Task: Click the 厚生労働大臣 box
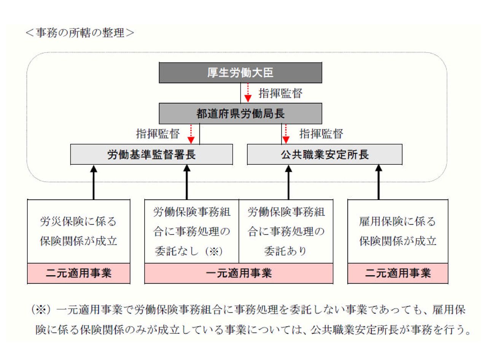(240, 73)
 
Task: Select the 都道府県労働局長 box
(240, 113)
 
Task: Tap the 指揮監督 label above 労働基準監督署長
(158, 134)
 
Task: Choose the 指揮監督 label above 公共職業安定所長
(321, 134)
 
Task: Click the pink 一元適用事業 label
(239, 273)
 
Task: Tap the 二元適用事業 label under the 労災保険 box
(79, 273)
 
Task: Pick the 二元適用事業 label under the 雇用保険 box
(398, 273)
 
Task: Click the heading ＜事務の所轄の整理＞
(80, 33)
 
